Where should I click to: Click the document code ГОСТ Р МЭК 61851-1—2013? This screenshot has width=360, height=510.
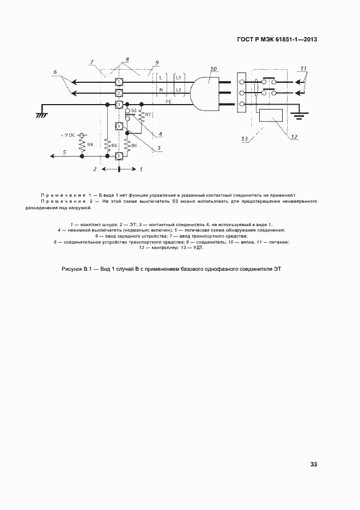277,39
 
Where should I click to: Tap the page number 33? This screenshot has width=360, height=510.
314,464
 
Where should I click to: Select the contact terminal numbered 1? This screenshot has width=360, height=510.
119,82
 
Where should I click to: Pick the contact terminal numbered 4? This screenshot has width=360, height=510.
119,126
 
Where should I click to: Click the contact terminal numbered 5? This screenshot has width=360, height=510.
119,156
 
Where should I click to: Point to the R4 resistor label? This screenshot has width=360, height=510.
90,145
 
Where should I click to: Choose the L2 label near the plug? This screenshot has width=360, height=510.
178,89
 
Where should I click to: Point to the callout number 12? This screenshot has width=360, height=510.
294,137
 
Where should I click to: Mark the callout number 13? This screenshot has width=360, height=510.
245,139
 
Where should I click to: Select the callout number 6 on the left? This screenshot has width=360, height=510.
55,71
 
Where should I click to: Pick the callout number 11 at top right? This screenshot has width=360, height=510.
303,68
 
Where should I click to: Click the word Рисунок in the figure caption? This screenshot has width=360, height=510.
73,269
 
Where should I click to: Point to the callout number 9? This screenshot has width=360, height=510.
156,63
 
